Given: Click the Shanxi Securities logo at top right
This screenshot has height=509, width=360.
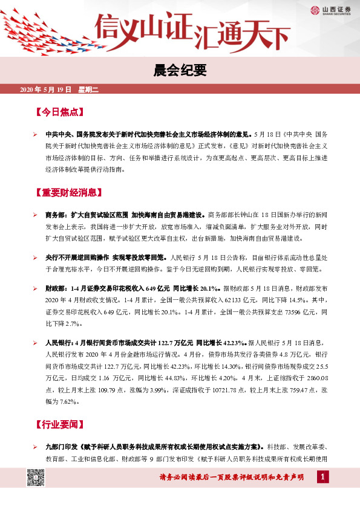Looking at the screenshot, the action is point(332,10).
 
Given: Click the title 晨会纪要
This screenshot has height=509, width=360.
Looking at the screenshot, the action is point(179,71).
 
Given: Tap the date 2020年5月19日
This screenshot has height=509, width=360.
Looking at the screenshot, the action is point(46,89).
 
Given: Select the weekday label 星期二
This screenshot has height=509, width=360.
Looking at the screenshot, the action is point(88,89).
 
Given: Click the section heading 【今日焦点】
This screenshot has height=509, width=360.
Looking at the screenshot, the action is point(60,112).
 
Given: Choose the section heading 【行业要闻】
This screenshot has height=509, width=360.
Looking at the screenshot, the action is point(60,424).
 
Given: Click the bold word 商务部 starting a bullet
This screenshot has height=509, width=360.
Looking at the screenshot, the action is point(56,215).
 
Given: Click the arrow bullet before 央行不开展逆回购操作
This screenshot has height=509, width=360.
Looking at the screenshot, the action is point(36,256).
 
